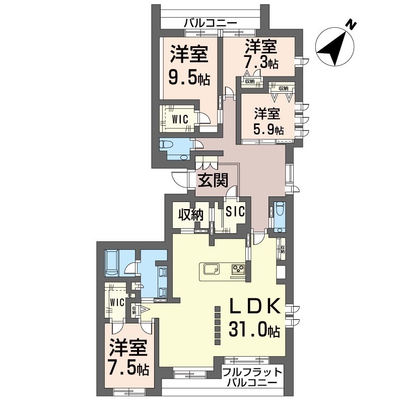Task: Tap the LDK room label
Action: coord(254,306)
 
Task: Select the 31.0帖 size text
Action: coord(254,329)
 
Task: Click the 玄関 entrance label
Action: coord(213,180)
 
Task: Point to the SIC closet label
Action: coord(235,212)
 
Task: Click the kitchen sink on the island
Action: coord(212,269)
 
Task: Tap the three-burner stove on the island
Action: coord(238,269)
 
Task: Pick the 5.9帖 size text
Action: coord(268,129)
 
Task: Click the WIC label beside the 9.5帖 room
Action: coord(180,119)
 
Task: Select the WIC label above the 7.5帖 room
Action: coord(117,302)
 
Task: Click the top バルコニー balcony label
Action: coord(211,24)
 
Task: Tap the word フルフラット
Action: coord(252,372)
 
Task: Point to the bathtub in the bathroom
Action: coord(112,263)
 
